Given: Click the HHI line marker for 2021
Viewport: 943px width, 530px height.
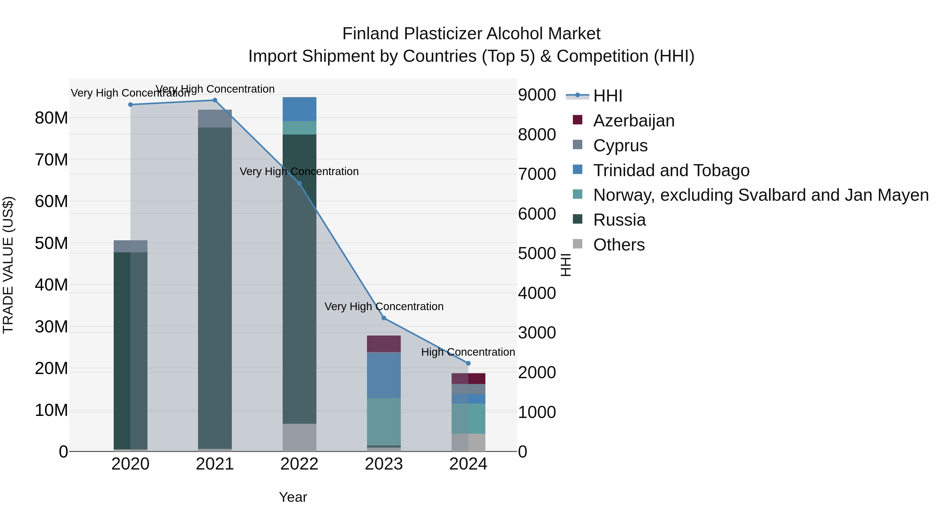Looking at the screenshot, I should click(x=215, y=100).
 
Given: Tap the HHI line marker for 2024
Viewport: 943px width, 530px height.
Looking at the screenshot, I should click(x=468, y=363).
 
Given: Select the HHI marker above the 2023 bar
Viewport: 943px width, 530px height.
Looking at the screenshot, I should click(x=384, y=318).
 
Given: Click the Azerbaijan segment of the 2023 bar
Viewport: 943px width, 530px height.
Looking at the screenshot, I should click(x=384, y=344).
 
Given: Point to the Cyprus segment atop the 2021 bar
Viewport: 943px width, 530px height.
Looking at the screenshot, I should click(x=215, y=119).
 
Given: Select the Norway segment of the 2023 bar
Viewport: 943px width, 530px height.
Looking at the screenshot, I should click(x=384, y=421).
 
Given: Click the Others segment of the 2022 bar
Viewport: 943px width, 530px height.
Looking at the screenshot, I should click(x=299, y=437).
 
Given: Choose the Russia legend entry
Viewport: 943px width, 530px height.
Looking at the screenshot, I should click(x=619, y=220).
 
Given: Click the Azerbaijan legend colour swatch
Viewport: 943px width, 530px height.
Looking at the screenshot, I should click(x=577, y=120).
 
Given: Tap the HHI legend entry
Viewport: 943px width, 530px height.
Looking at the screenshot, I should click(x=608, y=96).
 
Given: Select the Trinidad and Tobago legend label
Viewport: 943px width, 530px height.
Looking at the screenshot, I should click(x=671, y=170).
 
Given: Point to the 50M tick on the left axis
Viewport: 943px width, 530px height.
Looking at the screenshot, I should click(x=51, y=243).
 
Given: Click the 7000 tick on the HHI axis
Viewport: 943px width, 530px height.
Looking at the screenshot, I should click(x=537, y=174).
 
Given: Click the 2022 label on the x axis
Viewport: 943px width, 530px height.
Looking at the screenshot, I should click(x=299, y=464).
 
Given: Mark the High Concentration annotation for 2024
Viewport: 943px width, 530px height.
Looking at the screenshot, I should click(x=468, y=352).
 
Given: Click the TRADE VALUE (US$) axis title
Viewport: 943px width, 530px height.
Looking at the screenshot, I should click(x=8, y=265).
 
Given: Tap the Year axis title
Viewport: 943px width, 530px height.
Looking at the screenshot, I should click(x=293, y=497).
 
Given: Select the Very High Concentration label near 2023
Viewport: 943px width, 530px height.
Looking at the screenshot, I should click(x=384, y=306).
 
